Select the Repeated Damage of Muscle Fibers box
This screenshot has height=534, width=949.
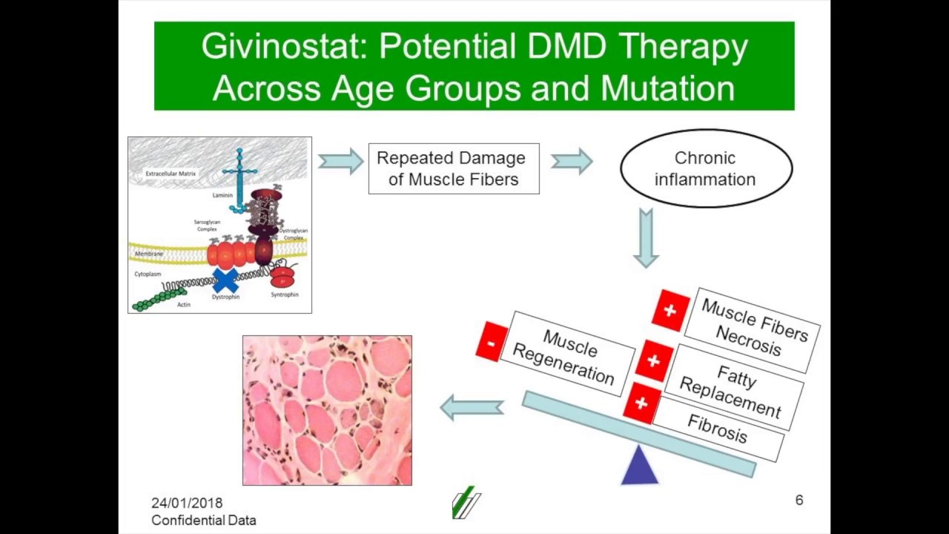point(453,168)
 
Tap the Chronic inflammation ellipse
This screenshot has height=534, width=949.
point(705,168)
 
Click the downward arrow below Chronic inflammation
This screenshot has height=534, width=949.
point(646,237)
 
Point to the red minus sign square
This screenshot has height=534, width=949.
point(492,342)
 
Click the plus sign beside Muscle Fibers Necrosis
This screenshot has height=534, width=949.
point(670,309)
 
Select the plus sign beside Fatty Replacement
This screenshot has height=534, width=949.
point(653,360)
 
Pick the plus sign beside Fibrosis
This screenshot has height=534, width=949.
point(641,403)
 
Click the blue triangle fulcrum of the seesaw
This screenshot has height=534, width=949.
point(639,467)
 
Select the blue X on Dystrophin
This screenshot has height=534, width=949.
point(225,280)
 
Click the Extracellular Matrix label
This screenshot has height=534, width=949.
point(171,174)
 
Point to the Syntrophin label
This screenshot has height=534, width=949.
point(285,294)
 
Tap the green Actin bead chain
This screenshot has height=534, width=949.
point(159,299)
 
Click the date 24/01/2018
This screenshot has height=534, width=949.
point(187,503)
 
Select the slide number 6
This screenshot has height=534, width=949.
point(798,501)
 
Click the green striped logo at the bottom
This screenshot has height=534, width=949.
point(466,504)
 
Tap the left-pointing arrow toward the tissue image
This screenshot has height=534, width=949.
point(472,407)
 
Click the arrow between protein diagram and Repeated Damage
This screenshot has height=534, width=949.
point(340,161)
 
